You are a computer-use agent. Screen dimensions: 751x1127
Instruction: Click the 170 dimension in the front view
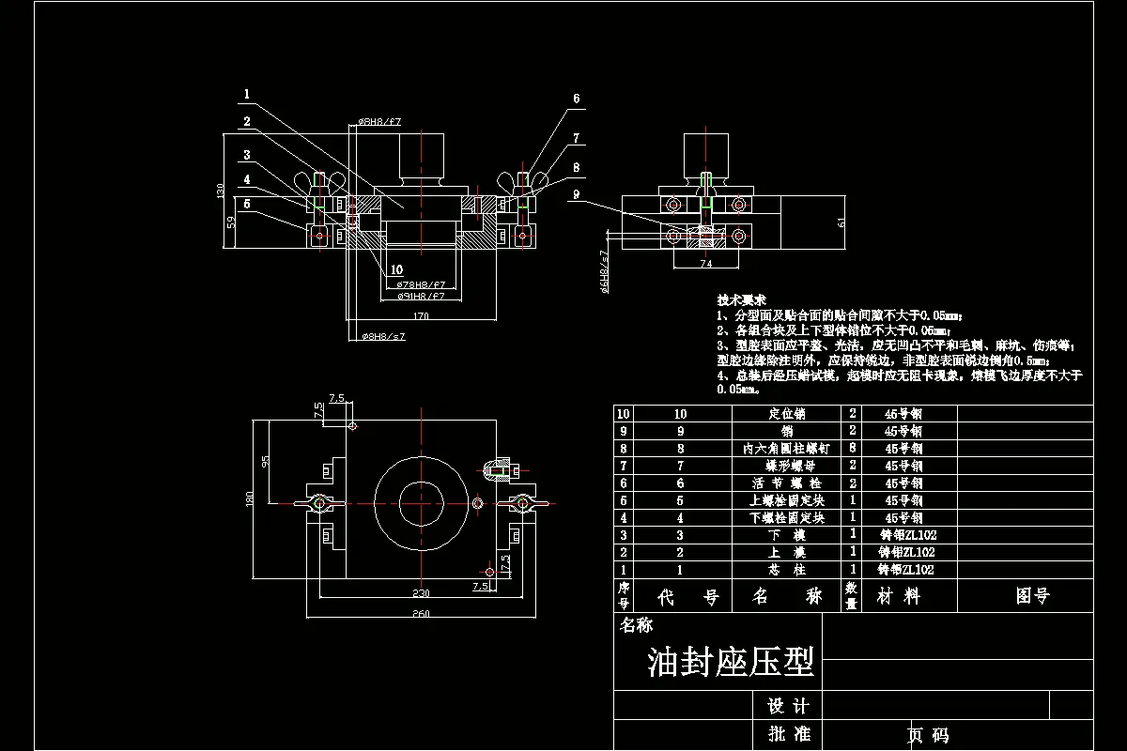[x=421, y=316]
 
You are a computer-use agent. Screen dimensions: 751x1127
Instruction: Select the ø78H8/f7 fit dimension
[x=420, y=284]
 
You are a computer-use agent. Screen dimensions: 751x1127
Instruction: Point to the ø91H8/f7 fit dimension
[x=420, y=296]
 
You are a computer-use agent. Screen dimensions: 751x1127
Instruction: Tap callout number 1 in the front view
[x=246, y=94]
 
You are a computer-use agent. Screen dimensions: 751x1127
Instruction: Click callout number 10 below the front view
[x=396, y=269]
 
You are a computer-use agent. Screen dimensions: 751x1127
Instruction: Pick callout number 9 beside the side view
[x=576, y=194]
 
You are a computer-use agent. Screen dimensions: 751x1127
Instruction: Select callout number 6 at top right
[x=576, y=99]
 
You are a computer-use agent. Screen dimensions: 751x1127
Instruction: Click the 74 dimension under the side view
[x=706, y=265]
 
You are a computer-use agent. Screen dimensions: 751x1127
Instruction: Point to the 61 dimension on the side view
[x=841, y=222]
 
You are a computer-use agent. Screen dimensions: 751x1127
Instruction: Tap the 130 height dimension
[x=221, y=191]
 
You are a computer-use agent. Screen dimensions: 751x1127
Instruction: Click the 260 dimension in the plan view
[x=421, y=614]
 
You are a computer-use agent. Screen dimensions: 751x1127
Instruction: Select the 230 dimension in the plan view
[x=421, y=592]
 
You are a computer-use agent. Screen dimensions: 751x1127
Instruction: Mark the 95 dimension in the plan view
[x=266, y=462]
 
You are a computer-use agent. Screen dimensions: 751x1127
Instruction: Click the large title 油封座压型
[x=730, y=662]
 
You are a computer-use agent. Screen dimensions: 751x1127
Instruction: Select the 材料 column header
[x=898, y=596]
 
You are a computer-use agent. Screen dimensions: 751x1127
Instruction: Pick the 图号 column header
[x=1033, y=596]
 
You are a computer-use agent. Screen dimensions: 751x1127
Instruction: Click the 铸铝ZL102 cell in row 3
[x=905, y=535]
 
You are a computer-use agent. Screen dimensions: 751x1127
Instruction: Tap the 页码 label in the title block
[x=927, y=735]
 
